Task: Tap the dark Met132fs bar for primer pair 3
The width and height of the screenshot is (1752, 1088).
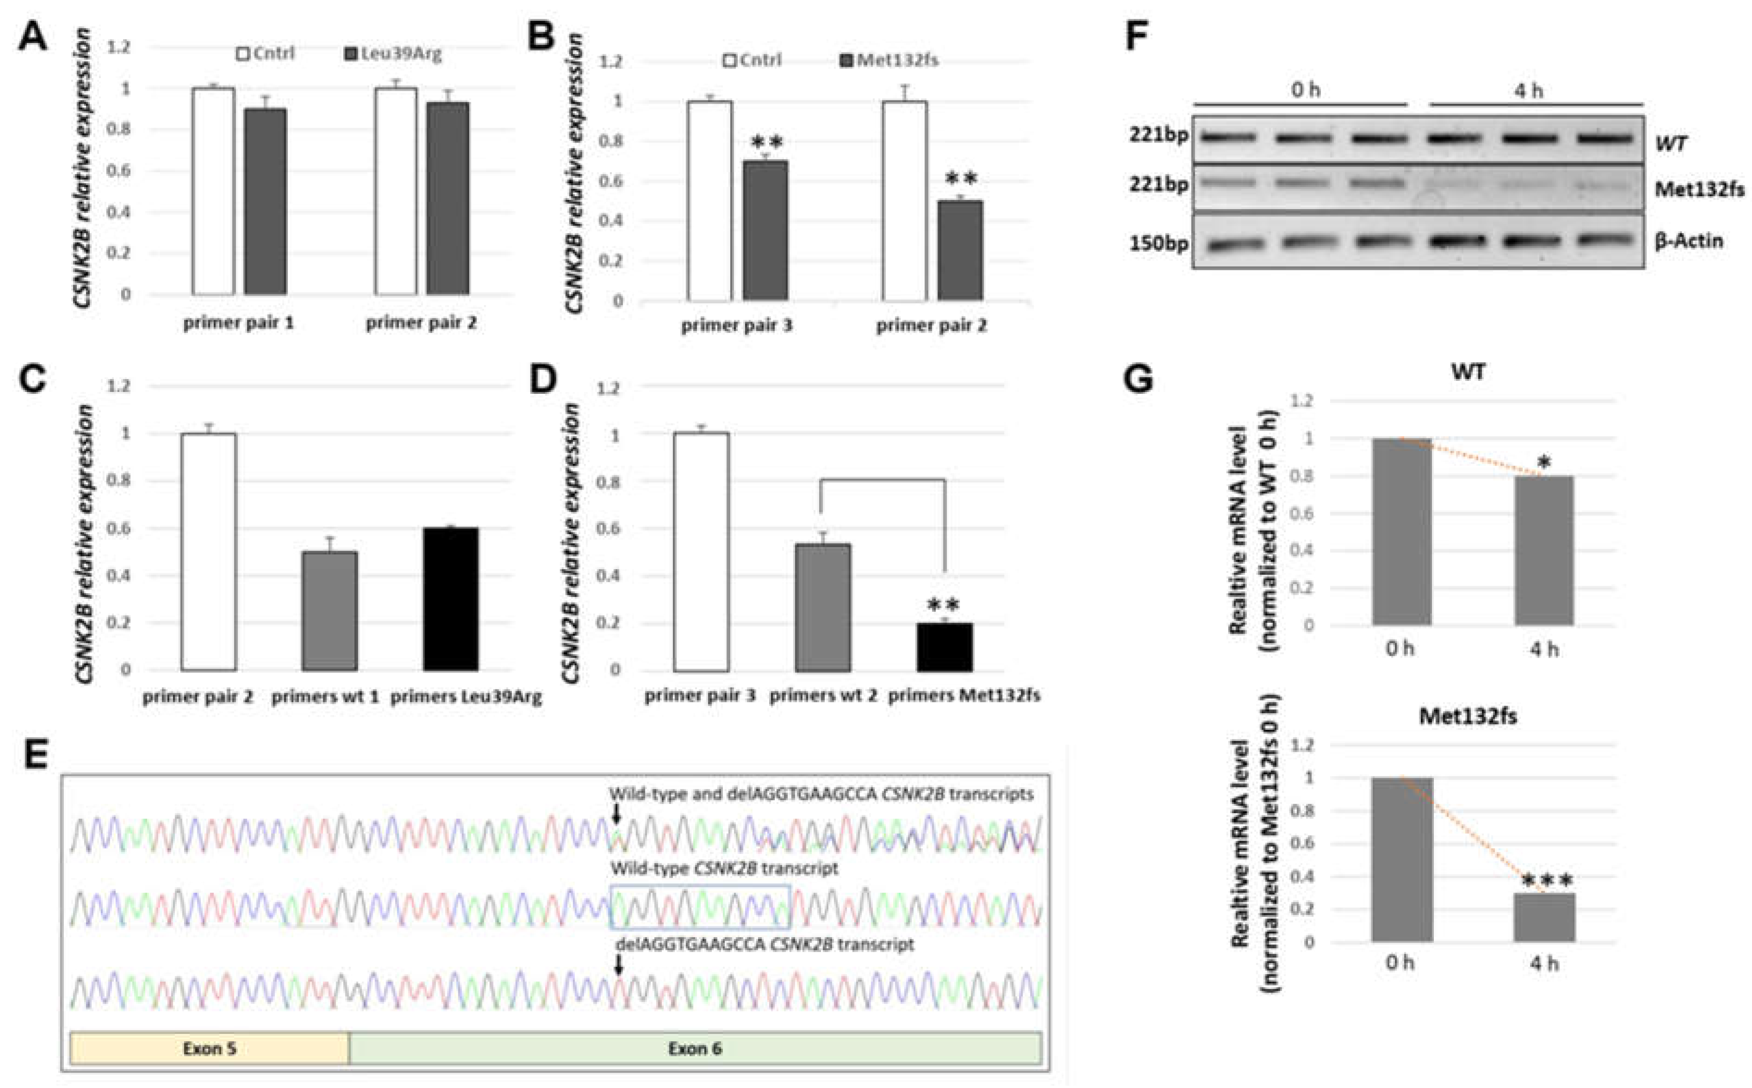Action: click(765, 230)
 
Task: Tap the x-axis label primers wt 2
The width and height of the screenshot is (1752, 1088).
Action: click(823, 696)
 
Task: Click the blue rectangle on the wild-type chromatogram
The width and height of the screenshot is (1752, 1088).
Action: click(700, 907)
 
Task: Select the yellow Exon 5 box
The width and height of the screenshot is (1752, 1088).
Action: click(210, 1048)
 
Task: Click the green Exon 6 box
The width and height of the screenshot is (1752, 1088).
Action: click(695, 1048)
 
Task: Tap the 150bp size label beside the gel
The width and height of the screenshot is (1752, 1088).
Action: click(1158, 243)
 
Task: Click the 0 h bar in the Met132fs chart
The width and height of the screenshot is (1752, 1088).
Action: click(1402, 859)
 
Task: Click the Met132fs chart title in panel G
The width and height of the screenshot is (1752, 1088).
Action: click(1468, 717)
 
